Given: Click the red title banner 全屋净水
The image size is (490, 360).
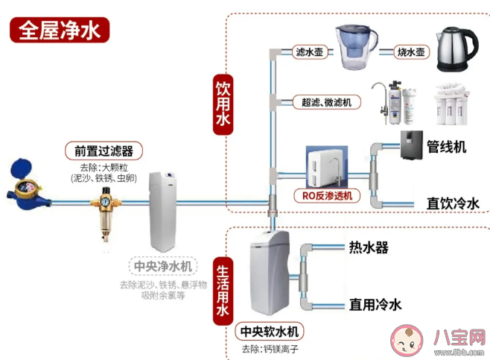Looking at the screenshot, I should click(x=59, y=31).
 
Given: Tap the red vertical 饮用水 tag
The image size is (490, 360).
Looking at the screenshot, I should click(x=223, y=104).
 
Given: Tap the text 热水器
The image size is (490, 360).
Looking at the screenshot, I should click(x=369, y=247).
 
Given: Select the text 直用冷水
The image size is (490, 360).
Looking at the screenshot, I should click(x=375, y=305).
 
